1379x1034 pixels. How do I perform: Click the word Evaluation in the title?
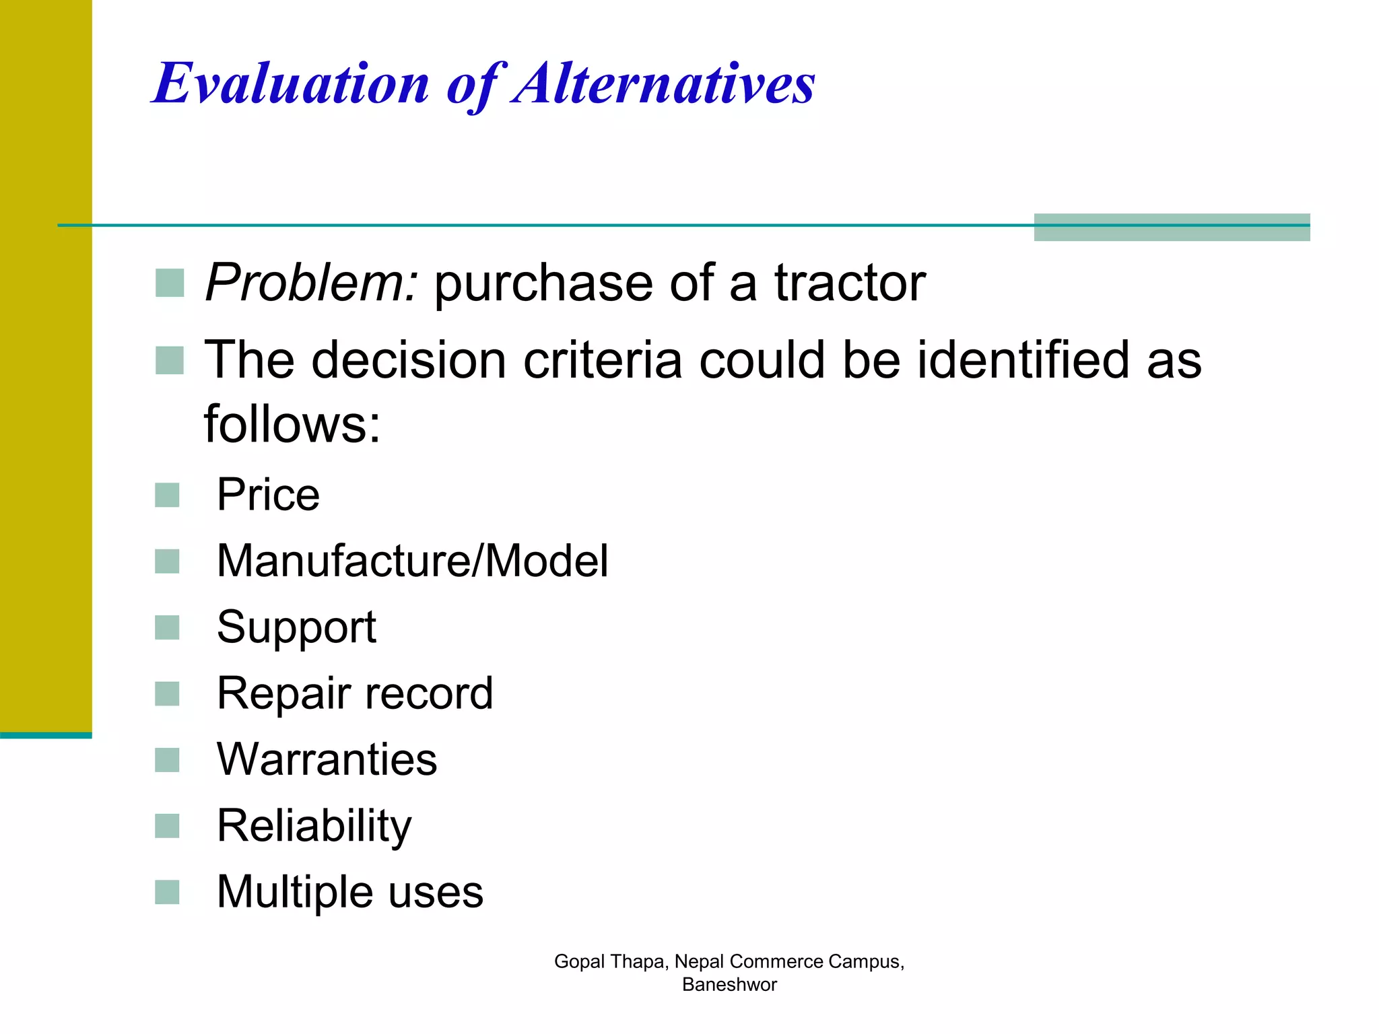291,83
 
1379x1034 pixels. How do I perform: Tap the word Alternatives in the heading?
663,83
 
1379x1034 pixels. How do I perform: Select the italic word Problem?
312,283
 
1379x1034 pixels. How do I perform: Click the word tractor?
850,283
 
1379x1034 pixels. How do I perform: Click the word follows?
292,424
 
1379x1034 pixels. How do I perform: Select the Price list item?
268,495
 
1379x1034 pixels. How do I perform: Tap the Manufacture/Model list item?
412,561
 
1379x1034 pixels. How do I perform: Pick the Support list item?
296,627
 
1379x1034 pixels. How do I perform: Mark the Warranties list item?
327,759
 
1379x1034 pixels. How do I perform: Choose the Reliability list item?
314,825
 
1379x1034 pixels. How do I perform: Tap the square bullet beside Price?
167,495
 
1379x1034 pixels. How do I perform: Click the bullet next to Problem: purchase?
170,283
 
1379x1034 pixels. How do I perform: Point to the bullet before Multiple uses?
167,893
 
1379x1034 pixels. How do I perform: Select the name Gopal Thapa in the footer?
610,961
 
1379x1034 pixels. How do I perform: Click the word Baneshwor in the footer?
729,985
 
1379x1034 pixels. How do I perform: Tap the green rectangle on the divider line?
1172,227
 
